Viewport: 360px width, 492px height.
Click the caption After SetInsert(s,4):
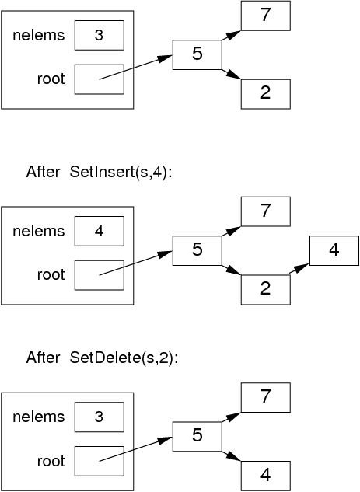click(x=98, y=171)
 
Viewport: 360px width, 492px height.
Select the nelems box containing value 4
click(x=99, y=231)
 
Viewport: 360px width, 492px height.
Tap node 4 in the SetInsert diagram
click(x=334, y=250)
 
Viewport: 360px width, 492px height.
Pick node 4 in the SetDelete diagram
click(x=265, y=473)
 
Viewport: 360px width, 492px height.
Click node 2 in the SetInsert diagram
click(x=265, y=289)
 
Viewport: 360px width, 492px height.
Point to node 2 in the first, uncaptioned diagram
click(x=265, y=94)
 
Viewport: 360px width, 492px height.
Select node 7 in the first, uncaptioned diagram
click(x=265, y=16)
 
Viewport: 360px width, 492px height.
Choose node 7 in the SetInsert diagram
click(x=265, y=211)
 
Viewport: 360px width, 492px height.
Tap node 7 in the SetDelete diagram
click(x=265, y=397)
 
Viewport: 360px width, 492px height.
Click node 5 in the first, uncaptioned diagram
click(x=197, y=54)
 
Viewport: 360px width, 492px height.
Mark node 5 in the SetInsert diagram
click(x=197, y=249)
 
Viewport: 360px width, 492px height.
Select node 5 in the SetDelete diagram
click(x=197, y=435)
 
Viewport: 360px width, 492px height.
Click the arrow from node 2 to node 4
click(x=299, y=269)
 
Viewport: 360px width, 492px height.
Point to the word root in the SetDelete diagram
click(x=51, y=461)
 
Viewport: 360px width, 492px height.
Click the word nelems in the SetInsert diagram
click(x=39, y=231)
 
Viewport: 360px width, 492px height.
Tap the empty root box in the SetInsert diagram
click(x=99, y=274)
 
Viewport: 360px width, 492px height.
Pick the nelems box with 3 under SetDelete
click(x=99, y=417)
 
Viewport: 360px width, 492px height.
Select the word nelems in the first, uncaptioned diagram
click(x=39, y=36)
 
